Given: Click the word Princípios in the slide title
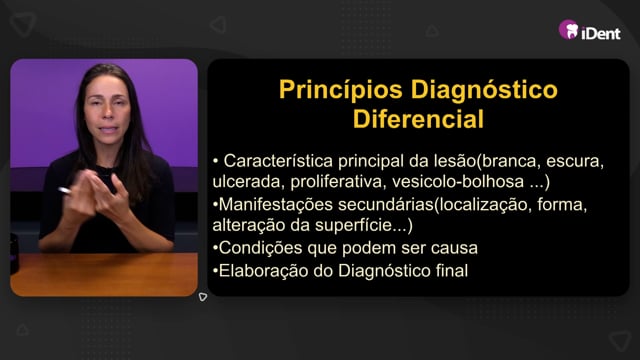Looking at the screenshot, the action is pyautogui.click(x=340, y=90).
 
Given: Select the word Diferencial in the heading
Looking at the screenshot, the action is pyautogui.click(x=418, y=119).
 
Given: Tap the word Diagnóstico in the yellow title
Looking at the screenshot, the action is pyautogui.click(x=484, y=91).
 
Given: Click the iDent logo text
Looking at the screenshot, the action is pyautogui.click(x=601, y=33).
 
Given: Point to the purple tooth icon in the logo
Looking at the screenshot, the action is pyautogui.click(x=569, y=29).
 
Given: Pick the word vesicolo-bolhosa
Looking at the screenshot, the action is pyautogui.click(x=458, y=182).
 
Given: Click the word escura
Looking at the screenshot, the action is pyautogui.click(x=575, y=161).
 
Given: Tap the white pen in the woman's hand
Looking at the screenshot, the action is pyautogui.click(x=64, y=190).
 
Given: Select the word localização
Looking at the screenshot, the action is pyautogui.click(x=484, y=204).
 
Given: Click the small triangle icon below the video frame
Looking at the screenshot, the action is pyautogui.click(x=203, y=297).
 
